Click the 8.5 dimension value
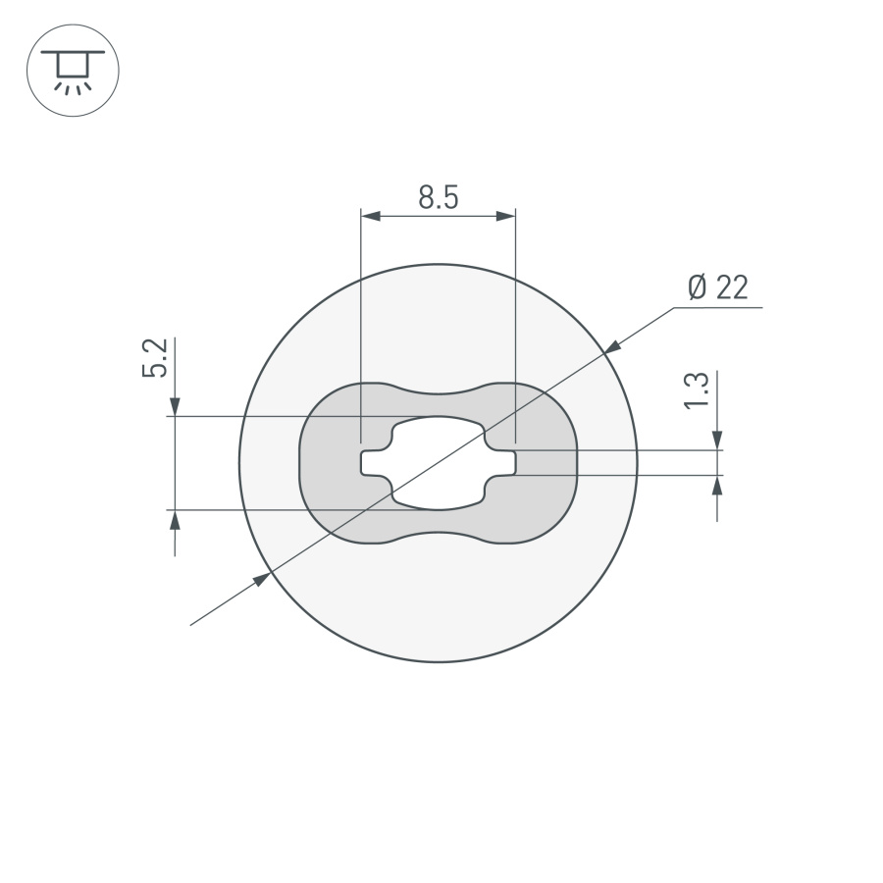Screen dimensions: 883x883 point(438,198)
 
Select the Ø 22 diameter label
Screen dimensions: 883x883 point(718,287)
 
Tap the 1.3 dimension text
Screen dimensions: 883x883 point(696,390)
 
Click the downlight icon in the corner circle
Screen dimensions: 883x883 point(72,71)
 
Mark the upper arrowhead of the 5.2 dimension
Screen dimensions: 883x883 point(175,405)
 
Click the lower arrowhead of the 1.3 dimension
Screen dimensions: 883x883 point(719,485)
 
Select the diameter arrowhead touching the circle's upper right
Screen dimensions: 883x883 point(612,346)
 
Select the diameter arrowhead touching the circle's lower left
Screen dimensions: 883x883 point(262,579)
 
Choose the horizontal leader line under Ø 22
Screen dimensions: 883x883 point(717,308)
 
